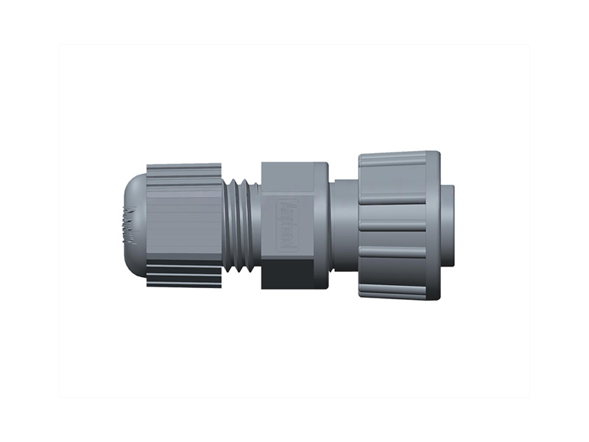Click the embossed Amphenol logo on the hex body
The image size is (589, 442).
click(289, 224)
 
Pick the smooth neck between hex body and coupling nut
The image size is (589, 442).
click(344, 224)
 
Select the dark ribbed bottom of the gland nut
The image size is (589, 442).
click(184, 273)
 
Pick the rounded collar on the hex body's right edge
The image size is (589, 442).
click(321, 224)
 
